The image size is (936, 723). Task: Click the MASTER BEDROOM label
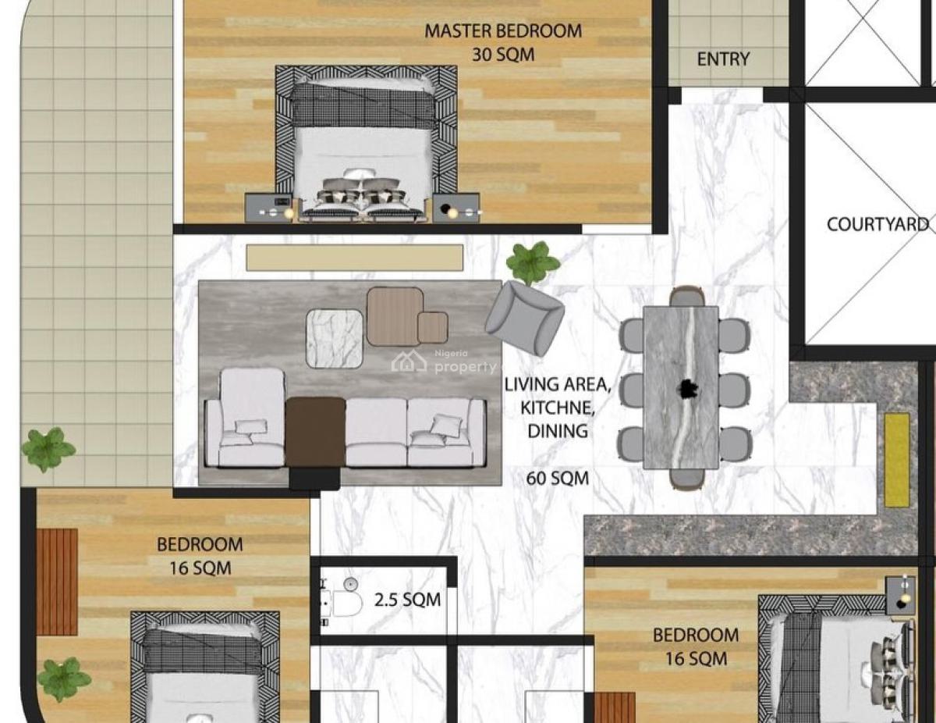502,31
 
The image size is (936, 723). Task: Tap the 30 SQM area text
502,55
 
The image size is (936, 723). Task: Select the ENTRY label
723,59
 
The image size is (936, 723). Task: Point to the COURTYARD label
877,225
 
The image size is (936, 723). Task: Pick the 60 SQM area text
557,478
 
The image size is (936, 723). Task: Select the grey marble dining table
681,387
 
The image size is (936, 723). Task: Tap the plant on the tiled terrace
48,451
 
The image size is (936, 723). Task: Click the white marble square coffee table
334,338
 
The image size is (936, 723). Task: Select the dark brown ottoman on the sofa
315,432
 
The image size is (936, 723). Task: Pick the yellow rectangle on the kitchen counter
897,460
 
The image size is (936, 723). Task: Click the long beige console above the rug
354,258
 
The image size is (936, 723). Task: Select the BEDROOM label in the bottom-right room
695,635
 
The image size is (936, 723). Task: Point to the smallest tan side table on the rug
432,327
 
